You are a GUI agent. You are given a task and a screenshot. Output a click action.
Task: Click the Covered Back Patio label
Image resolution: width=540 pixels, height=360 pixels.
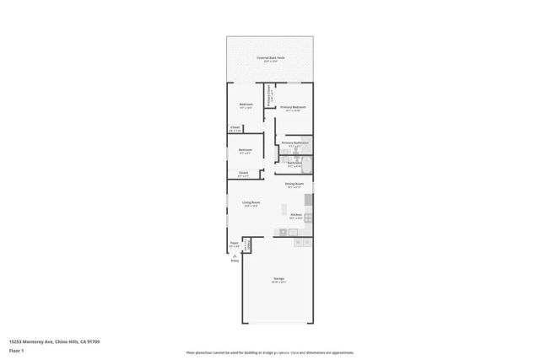pos(270,58)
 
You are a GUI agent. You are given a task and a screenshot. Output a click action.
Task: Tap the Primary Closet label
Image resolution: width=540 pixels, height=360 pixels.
pos(269,94)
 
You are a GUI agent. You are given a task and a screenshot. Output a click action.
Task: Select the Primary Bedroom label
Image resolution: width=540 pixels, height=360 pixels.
pos(293,108)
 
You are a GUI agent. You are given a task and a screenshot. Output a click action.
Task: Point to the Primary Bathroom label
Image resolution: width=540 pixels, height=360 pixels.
pos(294,143)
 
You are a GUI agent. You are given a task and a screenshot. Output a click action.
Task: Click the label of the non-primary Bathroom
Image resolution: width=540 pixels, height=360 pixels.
pos(294,164)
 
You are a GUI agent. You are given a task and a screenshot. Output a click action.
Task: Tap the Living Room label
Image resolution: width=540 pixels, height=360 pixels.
pos(251,203)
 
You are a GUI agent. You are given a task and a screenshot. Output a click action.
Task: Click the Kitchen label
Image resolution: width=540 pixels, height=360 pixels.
pos(295,215)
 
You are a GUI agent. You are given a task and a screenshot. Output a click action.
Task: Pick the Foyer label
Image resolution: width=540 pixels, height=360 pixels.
pos(235,244)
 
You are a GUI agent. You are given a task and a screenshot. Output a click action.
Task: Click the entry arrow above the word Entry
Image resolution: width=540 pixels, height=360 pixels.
pos(235,255)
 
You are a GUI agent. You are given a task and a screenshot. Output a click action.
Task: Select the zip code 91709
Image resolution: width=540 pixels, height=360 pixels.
pos(94,341)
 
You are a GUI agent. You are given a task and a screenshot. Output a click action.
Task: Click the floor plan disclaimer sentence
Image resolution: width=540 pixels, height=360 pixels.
pos(270,352)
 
